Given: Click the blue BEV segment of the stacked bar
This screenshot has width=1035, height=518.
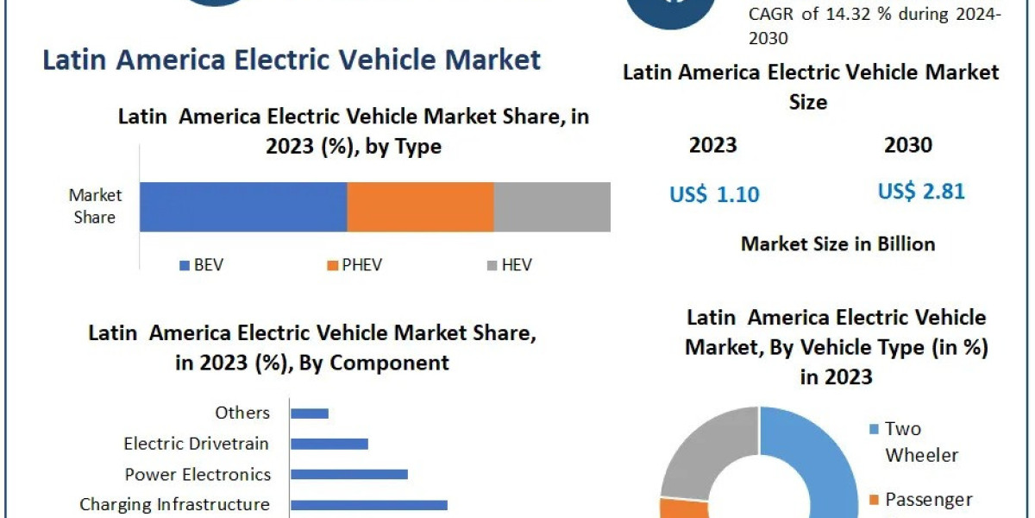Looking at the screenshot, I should pos(243,207).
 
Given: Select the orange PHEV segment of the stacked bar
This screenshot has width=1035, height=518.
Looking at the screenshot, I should pos(420,207).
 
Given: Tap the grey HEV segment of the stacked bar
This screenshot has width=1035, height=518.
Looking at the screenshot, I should pos(552,207).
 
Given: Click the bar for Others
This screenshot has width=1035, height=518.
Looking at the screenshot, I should pos(310,414).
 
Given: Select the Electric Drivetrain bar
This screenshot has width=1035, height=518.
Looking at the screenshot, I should pos(329,444).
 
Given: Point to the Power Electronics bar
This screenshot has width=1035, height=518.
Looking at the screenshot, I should pos(349,474).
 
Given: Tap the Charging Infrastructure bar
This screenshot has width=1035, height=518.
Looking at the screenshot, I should pos(369,504).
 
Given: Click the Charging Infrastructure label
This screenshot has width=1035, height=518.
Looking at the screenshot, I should pos(174,504).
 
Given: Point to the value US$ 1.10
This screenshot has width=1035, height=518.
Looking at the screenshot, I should pos(714,194).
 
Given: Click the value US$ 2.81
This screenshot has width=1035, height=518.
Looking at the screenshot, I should pos(921,191).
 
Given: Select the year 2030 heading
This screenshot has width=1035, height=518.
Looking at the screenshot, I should pos(908,145).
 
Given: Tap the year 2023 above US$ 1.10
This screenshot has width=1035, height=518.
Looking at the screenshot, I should pos(713,145).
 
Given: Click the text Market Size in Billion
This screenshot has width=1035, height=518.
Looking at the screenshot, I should pos(837,244).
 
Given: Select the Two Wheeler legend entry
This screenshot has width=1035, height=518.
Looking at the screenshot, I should pos(914,441).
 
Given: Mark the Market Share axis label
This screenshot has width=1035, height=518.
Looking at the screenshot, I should pos(95,206).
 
